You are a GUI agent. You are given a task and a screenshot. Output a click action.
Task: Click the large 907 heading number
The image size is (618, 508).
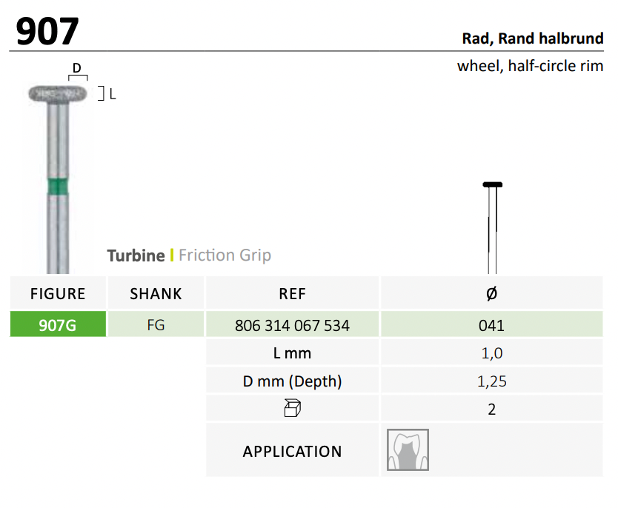click(47, 31)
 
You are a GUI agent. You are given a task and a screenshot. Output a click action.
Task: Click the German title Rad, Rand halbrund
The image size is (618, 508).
click(533, 39)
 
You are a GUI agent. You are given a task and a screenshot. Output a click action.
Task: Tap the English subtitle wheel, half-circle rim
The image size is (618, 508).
click(530, 66)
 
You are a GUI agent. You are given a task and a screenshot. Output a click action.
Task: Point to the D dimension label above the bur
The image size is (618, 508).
click(77, 67)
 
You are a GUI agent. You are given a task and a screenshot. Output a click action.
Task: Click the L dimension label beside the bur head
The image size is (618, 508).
click(113, 94)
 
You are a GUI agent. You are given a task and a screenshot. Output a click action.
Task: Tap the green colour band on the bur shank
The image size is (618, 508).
click(58, 187)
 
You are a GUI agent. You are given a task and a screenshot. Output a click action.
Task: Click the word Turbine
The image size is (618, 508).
click(136, 255)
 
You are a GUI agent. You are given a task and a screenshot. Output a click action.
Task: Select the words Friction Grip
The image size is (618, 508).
click(225, 255)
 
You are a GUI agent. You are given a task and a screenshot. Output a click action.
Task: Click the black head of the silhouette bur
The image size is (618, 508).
click(492, 184)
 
